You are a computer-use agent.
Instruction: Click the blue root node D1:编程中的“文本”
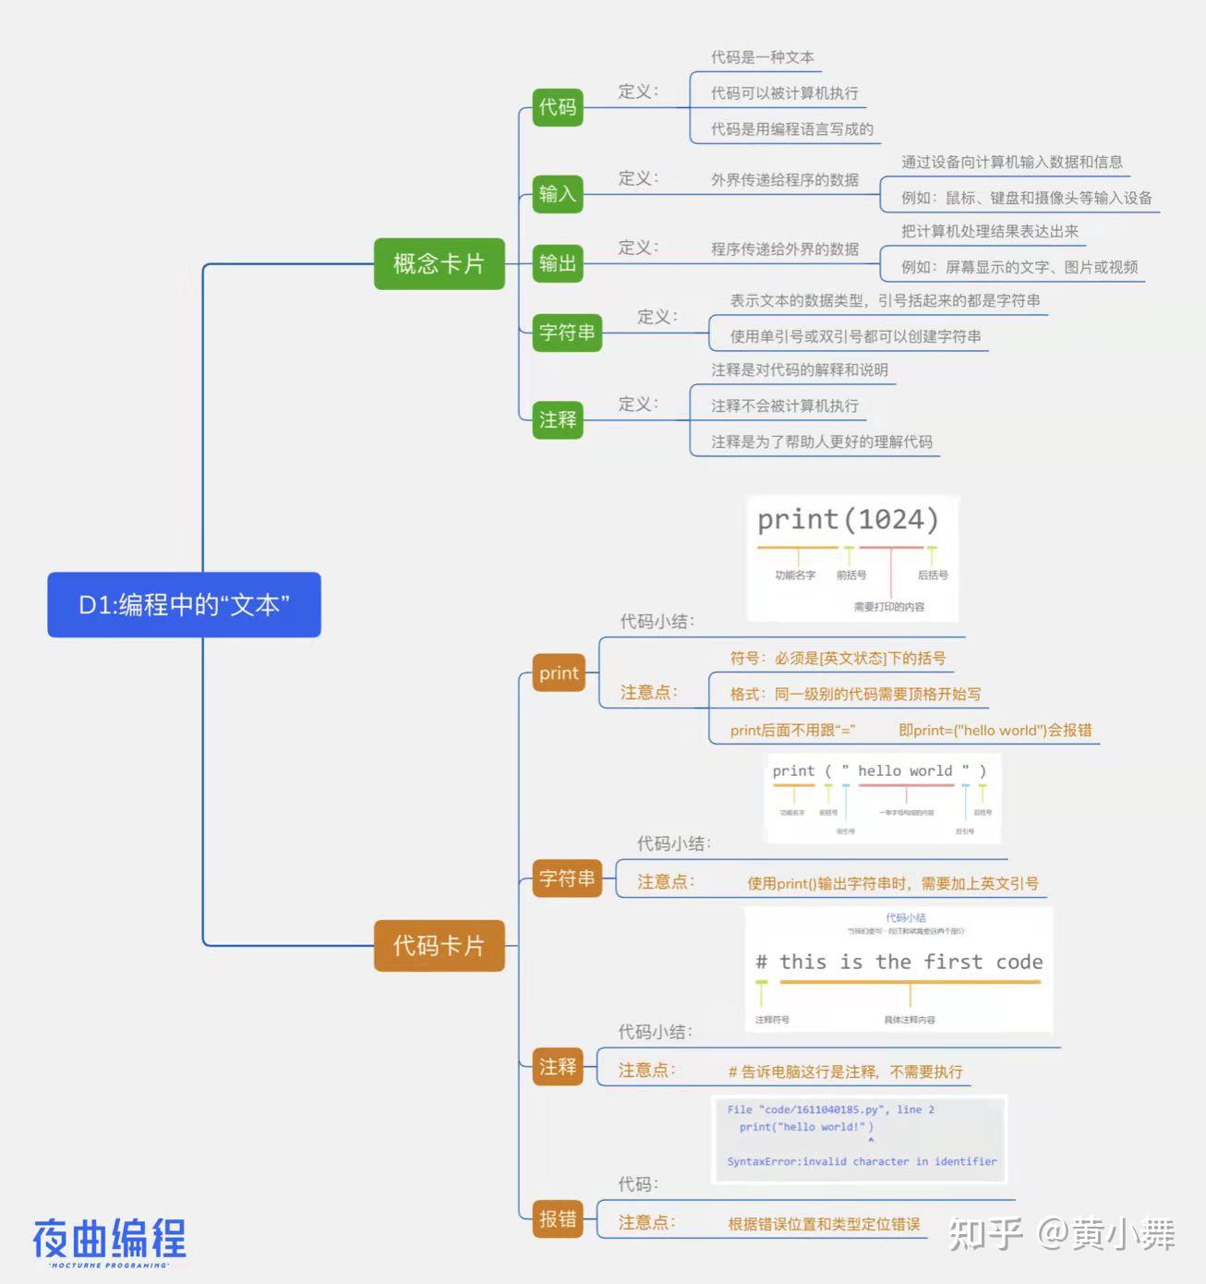pyautogui.click(x=184, y=605)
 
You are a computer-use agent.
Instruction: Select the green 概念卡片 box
pyautogui.click(x=439, y=264)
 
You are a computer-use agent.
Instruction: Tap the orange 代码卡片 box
pyautogui.click(x=439, y=946)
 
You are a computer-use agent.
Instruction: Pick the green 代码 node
pyautogui.click(x=558, y=107)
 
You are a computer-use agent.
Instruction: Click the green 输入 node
pyautogui.click(x=558, y=194)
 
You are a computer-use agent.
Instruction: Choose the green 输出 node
pyautogui.click(x=558, y=263)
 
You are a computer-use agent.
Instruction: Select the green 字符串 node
pyautogui.click(x=567, y=333)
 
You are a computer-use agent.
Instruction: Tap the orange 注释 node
pyautogui.click(x=558, y=1067)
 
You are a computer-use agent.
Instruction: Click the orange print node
pyautogui.click(x=559, y=673)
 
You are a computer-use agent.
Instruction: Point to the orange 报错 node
pyautogui.click(x=558, y=1219)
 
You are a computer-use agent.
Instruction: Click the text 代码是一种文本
pyautogui.click(x=762, y=57)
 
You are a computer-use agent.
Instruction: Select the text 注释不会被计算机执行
pyautogui.click(x=784, y=406)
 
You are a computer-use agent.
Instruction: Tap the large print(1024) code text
pyautogui.click(x=848, y=520)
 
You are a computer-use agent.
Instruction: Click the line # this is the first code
pyautogui.click(x=898, y=963)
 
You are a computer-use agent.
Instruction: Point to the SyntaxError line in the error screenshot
pyautogui.click(x=862, y=1161)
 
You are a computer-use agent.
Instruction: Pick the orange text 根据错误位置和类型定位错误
pyautogui.click(x=824, y=1224)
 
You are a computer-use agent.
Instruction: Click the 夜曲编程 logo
pyautogui.click(x=110, y=1241)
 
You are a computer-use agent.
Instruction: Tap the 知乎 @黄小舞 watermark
pyautogui.click(x=1061, y=1234)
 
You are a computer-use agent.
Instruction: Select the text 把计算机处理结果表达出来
pyautogui.click(x=989, y=231)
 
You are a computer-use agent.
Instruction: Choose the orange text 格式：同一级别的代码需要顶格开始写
pyautogui.click(x=855, y=694)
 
